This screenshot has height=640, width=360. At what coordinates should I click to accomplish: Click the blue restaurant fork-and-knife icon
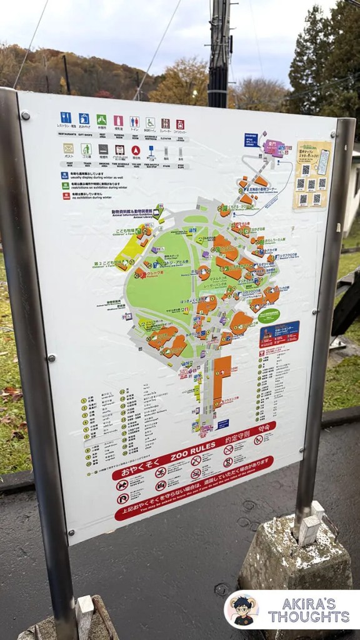66,117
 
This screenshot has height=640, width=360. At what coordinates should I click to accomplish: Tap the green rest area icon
101,120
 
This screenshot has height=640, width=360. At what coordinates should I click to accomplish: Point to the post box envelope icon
68,149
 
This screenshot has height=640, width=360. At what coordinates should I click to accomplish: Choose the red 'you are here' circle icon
136,151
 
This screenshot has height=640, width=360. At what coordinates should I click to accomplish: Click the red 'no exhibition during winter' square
66,196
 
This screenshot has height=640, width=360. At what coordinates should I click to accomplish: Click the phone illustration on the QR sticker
322,161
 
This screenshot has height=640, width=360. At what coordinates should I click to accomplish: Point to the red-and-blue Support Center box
278,334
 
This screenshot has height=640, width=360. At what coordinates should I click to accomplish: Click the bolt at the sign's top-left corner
24,115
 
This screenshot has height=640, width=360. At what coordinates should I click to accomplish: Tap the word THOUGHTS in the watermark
309,617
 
